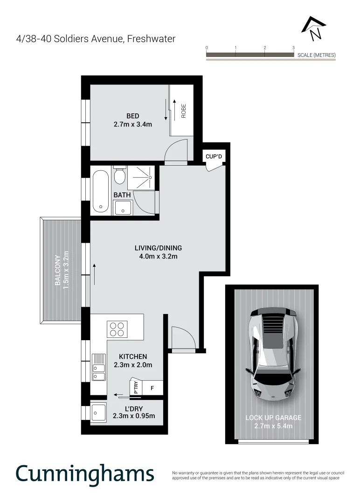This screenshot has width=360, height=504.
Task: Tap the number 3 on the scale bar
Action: pyautogui.click(x=293, y=48)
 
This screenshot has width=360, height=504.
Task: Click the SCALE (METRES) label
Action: pyautogui.click(x=316, y=55)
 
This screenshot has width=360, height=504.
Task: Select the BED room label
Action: pyautogui.click(x=133, y=116)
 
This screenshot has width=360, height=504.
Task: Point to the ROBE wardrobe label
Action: pyautogui.click(x=184, y=111)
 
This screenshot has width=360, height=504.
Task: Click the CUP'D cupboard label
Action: pyautogui.click(x=214, y=156)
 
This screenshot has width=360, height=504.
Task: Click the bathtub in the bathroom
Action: pyautogui.click(x=100, y=191)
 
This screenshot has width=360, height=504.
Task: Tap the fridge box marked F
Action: pyautogui.click(x=152, y=388)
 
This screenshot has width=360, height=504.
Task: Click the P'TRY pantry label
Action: pyautogui.click(x=136, y=387)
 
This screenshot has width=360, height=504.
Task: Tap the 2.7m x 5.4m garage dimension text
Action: pyautogui.click(x=273, y=426)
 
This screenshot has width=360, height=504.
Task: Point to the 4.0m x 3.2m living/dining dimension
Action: pyautogui.click(x=158, y=256)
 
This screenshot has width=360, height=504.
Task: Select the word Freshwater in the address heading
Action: pyautogui.click(x=152, y=39)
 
